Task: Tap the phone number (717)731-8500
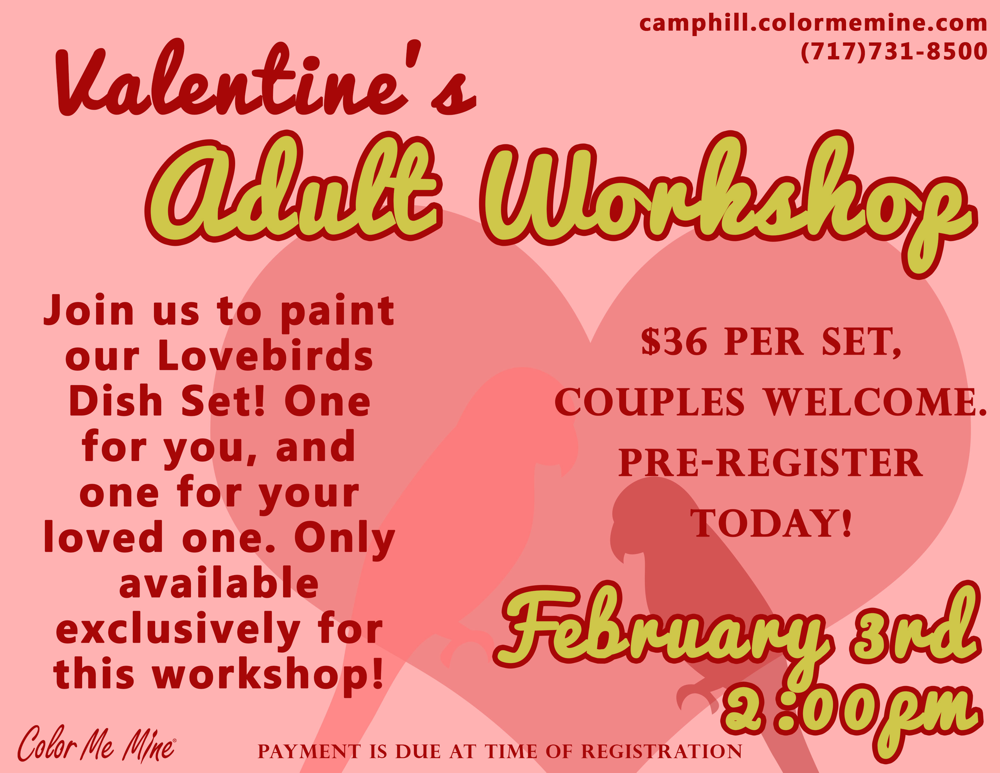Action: click(893, 51)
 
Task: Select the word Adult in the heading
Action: click(293, 188)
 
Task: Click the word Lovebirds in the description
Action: click(265, 356)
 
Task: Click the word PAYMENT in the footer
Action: click(309, 751)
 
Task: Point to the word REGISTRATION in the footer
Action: click(662, 751)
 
